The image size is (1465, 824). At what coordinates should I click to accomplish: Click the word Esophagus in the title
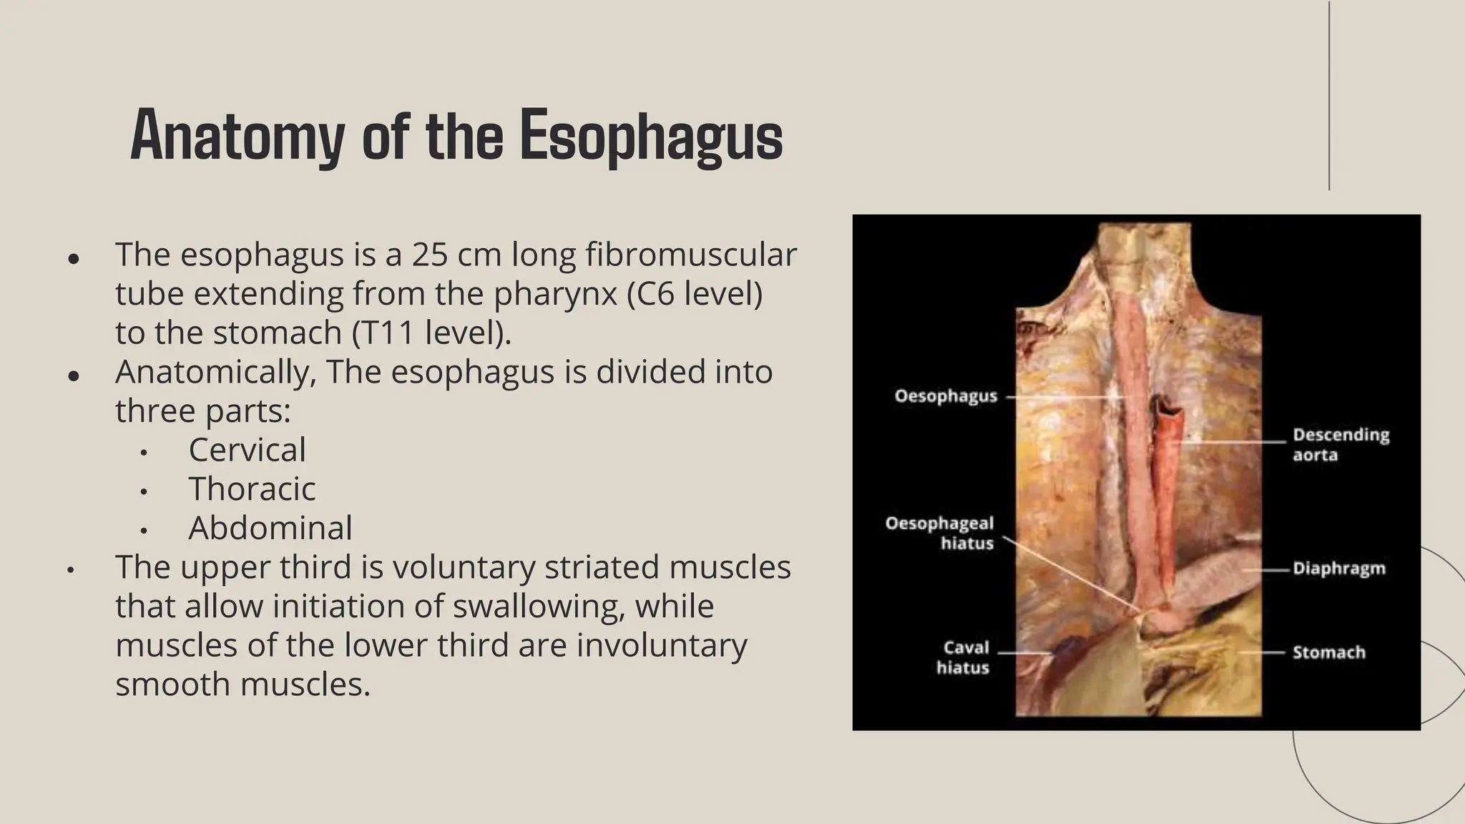tap(651, 136)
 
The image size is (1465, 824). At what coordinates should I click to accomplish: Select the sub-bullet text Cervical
tap(247, 450)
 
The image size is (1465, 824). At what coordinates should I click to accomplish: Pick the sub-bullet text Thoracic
tap(252, 489)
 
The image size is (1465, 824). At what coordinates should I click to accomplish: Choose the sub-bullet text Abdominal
tap(270, 528)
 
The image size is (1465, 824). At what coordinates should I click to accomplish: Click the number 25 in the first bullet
tap(429, 255)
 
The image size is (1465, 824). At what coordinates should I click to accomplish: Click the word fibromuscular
tap(691, 255)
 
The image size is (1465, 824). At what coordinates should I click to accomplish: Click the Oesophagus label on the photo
tap(946, 396)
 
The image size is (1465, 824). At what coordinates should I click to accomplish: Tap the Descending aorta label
tap(1341, 445)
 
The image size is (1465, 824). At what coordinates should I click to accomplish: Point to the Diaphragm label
tap(1338, 569)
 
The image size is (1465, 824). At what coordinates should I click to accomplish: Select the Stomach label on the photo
tap(1328, 652)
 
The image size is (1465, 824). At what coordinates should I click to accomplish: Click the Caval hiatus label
tap(963, 657)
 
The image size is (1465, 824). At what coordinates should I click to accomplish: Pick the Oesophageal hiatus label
tap(940, 533)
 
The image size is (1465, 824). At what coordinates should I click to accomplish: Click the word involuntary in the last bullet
tap(662, 645)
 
